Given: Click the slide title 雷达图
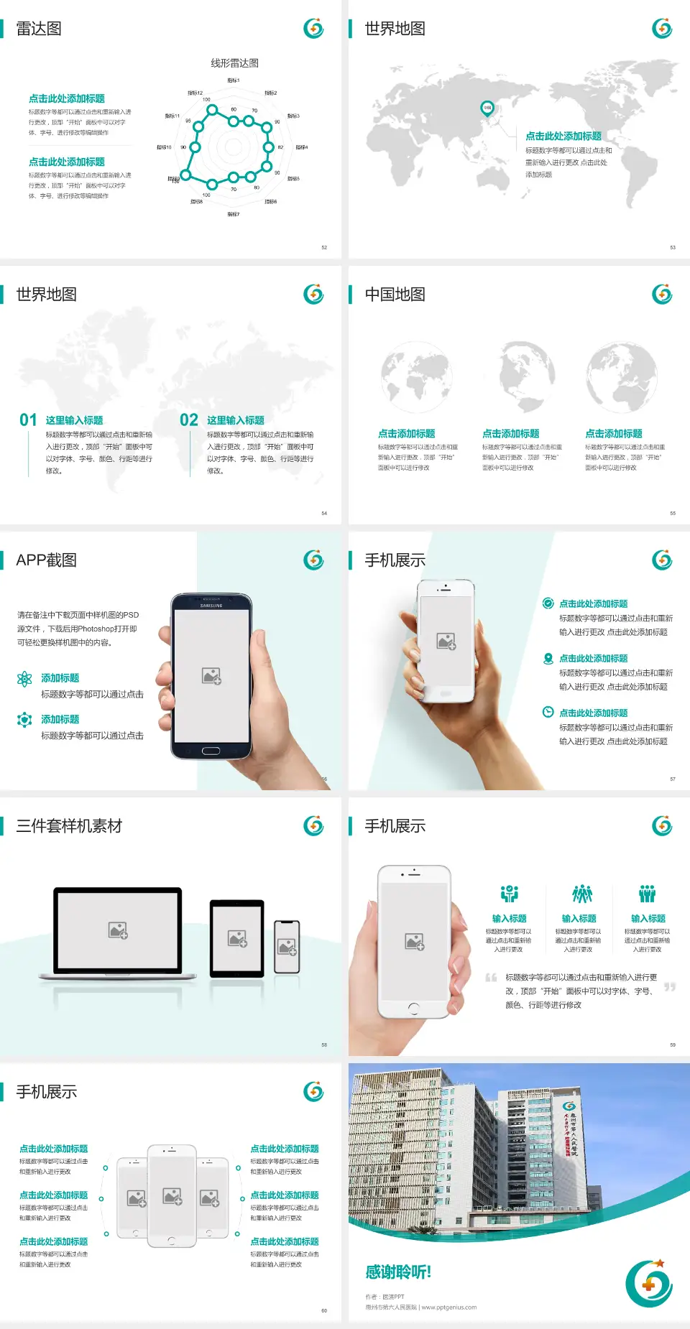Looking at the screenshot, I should click(x=39, y=29).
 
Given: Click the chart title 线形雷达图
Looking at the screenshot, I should click(x=234, y=63).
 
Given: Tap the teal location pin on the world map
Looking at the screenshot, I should click(x=487, y=108).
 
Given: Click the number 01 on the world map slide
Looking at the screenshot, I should click(x=28, y=420).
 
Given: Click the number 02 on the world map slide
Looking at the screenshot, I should click(x=189, y=420).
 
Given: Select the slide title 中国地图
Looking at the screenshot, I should click(x=395, y=295).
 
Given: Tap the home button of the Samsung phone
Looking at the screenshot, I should click(x=211, y=751).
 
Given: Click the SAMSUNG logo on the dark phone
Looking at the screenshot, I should click(x=211, y=606).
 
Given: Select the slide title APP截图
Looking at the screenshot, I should click(x=46, y=560).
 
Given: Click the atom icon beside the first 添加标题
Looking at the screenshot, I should click(x=24, y=679).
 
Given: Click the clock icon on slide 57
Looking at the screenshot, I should click(x=548, y=712).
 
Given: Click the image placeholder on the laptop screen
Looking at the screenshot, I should click(x=118, y=930).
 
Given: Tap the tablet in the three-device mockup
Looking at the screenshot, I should click(x=237, y=937).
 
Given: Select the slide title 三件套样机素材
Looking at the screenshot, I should click(x=69, y=826).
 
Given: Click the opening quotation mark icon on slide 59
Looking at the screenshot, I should click(x=492, y=978).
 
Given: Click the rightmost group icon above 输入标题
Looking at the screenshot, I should click(x=648, y=894).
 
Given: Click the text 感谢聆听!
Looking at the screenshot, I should click(x=398, y=1272).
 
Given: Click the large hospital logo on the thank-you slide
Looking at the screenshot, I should click(x=649, y=1284).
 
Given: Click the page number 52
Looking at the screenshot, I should click(x=324, y=247).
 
